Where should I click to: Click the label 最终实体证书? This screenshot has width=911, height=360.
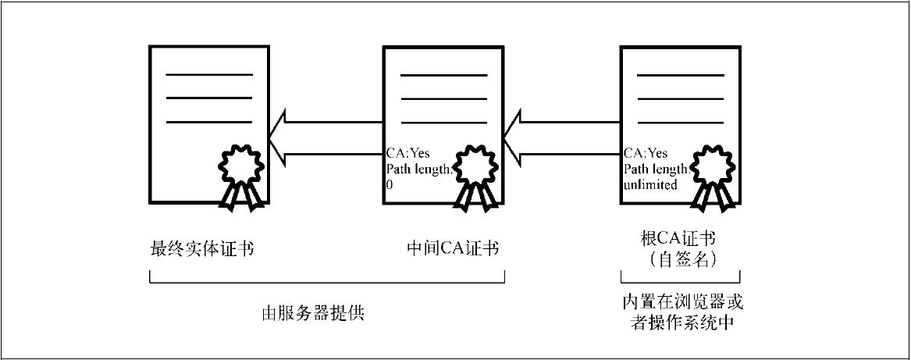click(202, 249)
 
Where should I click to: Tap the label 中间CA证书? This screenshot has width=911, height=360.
click(453, 249)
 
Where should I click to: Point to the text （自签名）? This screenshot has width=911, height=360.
click(680, 260)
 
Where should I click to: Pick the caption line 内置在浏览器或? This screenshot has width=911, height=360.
click(680, 301)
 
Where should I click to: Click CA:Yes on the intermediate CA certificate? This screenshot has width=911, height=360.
click(407, 154)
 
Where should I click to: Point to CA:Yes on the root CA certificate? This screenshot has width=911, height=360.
click(645, 154)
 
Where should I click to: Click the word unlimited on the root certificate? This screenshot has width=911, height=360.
click(649, 184)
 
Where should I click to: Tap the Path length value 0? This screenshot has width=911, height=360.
click(390, 185)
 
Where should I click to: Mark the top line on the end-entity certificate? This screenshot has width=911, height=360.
click(208, 74)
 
